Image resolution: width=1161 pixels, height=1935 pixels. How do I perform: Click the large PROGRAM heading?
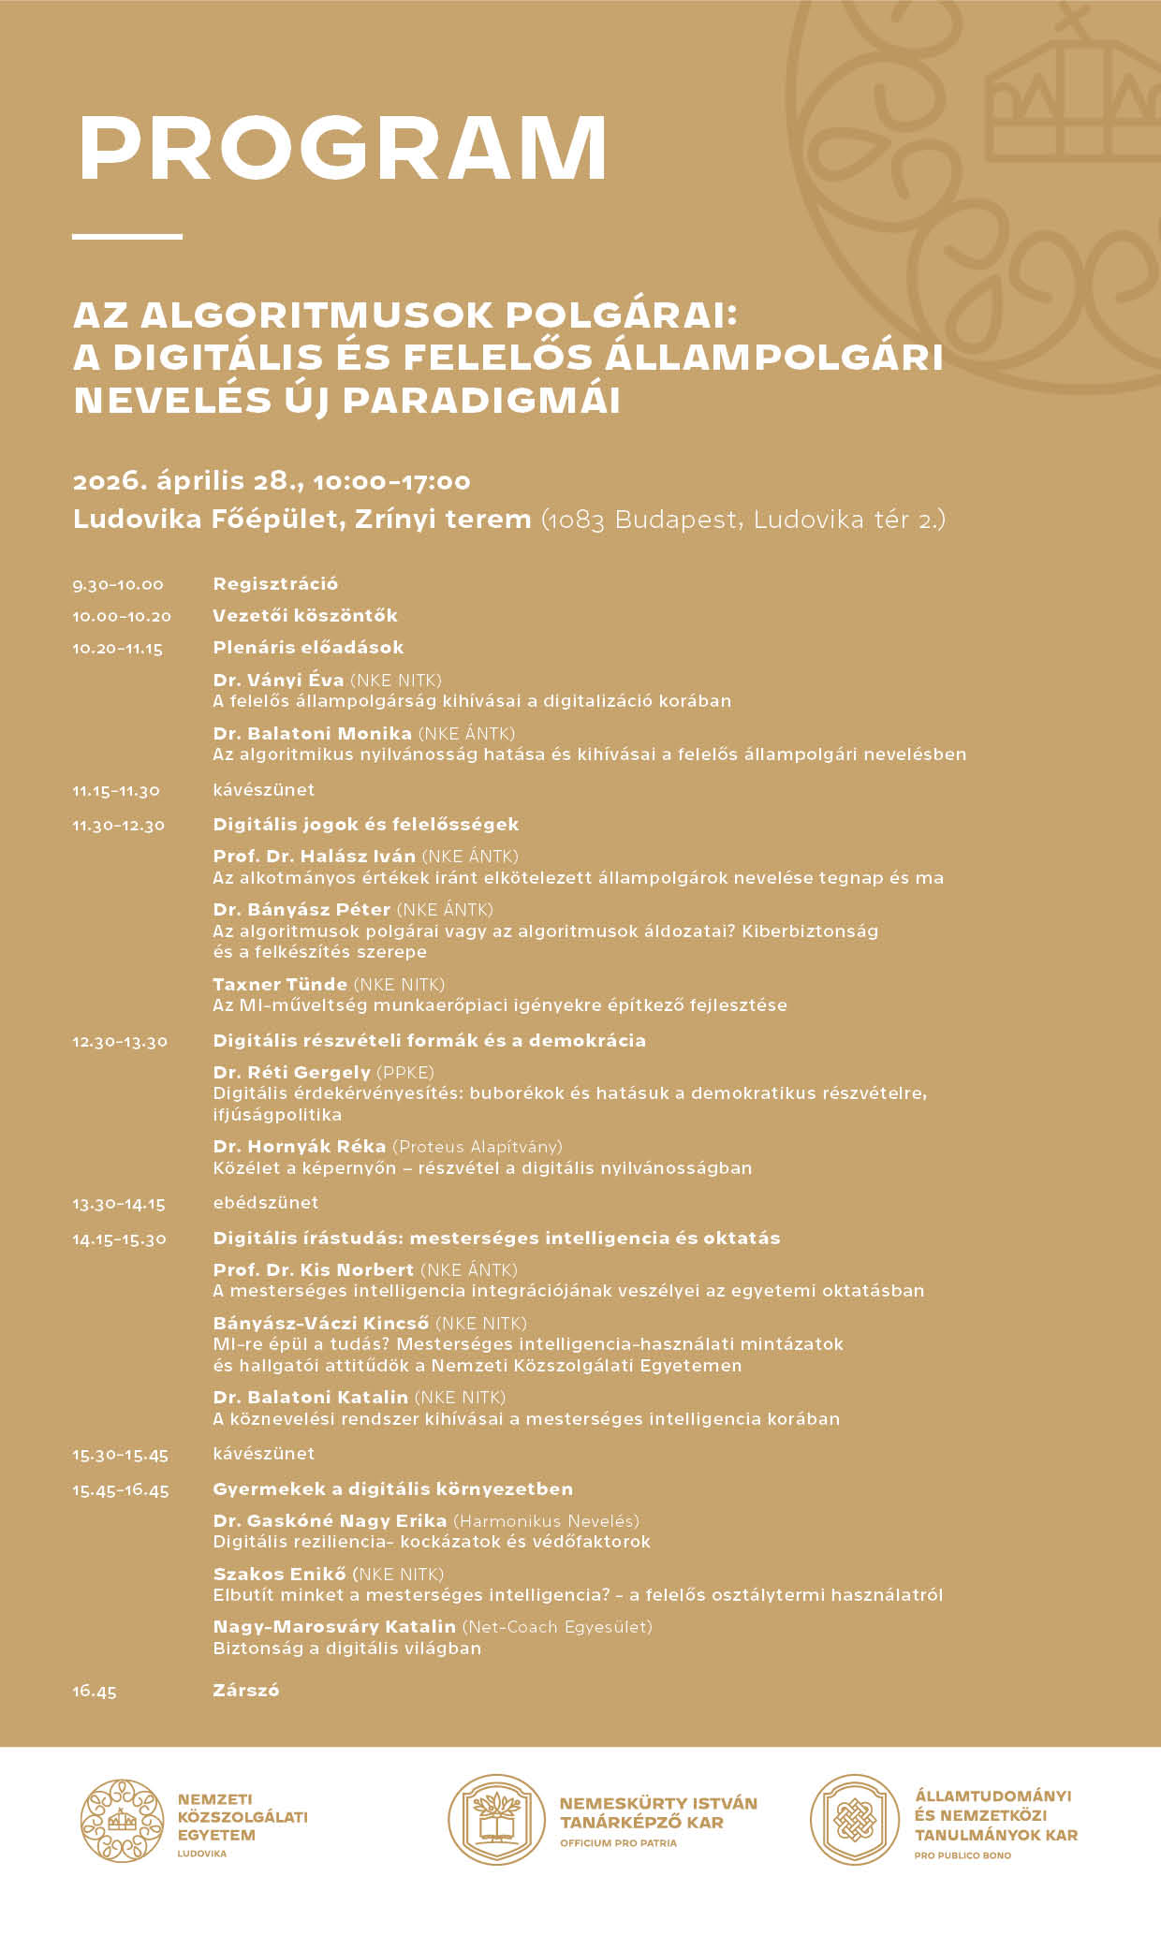[343, 148]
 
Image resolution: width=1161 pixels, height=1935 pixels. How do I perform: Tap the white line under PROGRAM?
[127, 236]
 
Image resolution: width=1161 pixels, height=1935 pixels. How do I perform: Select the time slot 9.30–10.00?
[118, 585]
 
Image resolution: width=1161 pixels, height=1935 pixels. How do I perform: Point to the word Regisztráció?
[275, 584]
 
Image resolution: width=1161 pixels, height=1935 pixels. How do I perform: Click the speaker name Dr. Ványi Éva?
[278, 681]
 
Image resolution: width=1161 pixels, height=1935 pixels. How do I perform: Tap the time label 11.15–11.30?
[116, 791]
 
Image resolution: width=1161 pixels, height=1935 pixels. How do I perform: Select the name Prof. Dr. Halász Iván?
[314, 857]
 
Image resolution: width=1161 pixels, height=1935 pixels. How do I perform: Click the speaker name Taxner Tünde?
[280, 985]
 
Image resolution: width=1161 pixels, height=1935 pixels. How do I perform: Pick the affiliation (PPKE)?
[405, 1073]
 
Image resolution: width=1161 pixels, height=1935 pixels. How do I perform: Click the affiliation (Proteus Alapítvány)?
[478, 1147]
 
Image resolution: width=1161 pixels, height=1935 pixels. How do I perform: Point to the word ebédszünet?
[266, 1203]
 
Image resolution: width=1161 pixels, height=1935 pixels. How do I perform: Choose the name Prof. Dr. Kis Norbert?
[313, 1270]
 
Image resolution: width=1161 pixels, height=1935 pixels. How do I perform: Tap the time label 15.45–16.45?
[121, 1490]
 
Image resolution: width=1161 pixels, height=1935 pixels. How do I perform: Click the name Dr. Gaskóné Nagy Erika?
[330, 1521]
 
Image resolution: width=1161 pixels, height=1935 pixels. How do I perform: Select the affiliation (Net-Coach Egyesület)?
[557, 1627]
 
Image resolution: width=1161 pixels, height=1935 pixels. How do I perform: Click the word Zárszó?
[246, 1691]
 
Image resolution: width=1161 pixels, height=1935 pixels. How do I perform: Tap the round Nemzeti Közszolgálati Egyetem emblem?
[122, 1821]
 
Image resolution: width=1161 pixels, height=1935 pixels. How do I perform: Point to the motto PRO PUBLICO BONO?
[963, 1855]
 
